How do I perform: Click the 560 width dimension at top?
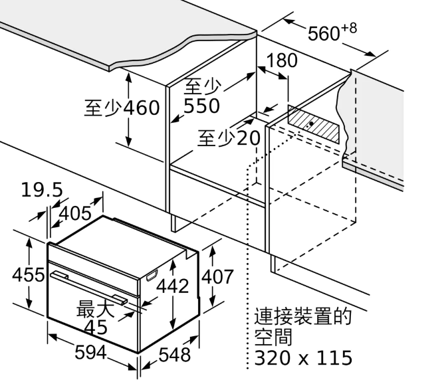coord(324,33)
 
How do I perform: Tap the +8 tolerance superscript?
coord(349,29)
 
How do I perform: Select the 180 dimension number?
coord(282,60)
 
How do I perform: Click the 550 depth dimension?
coord(201,106)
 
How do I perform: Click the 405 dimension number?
coord(75,213)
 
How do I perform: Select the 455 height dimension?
coord(29,275)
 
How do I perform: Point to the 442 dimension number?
coord(173,286)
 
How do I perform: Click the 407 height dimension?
coord(217,276)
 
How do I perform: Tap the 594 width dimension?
coord(91,353)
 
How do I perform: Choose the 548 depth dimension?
coord(174,355)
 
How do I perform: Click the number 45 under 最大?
coord(96,327)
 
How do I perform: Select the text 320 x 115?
coord(303,357)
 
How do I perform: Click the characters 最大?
coord(95,308)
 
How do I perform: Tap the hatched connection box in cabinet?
coord(314,124)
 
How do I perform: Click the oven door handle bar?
coord(88,288)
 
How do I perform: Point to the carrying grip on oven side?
coord(152,276)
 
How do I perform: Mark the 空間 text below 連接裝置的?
coord(273,337)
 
